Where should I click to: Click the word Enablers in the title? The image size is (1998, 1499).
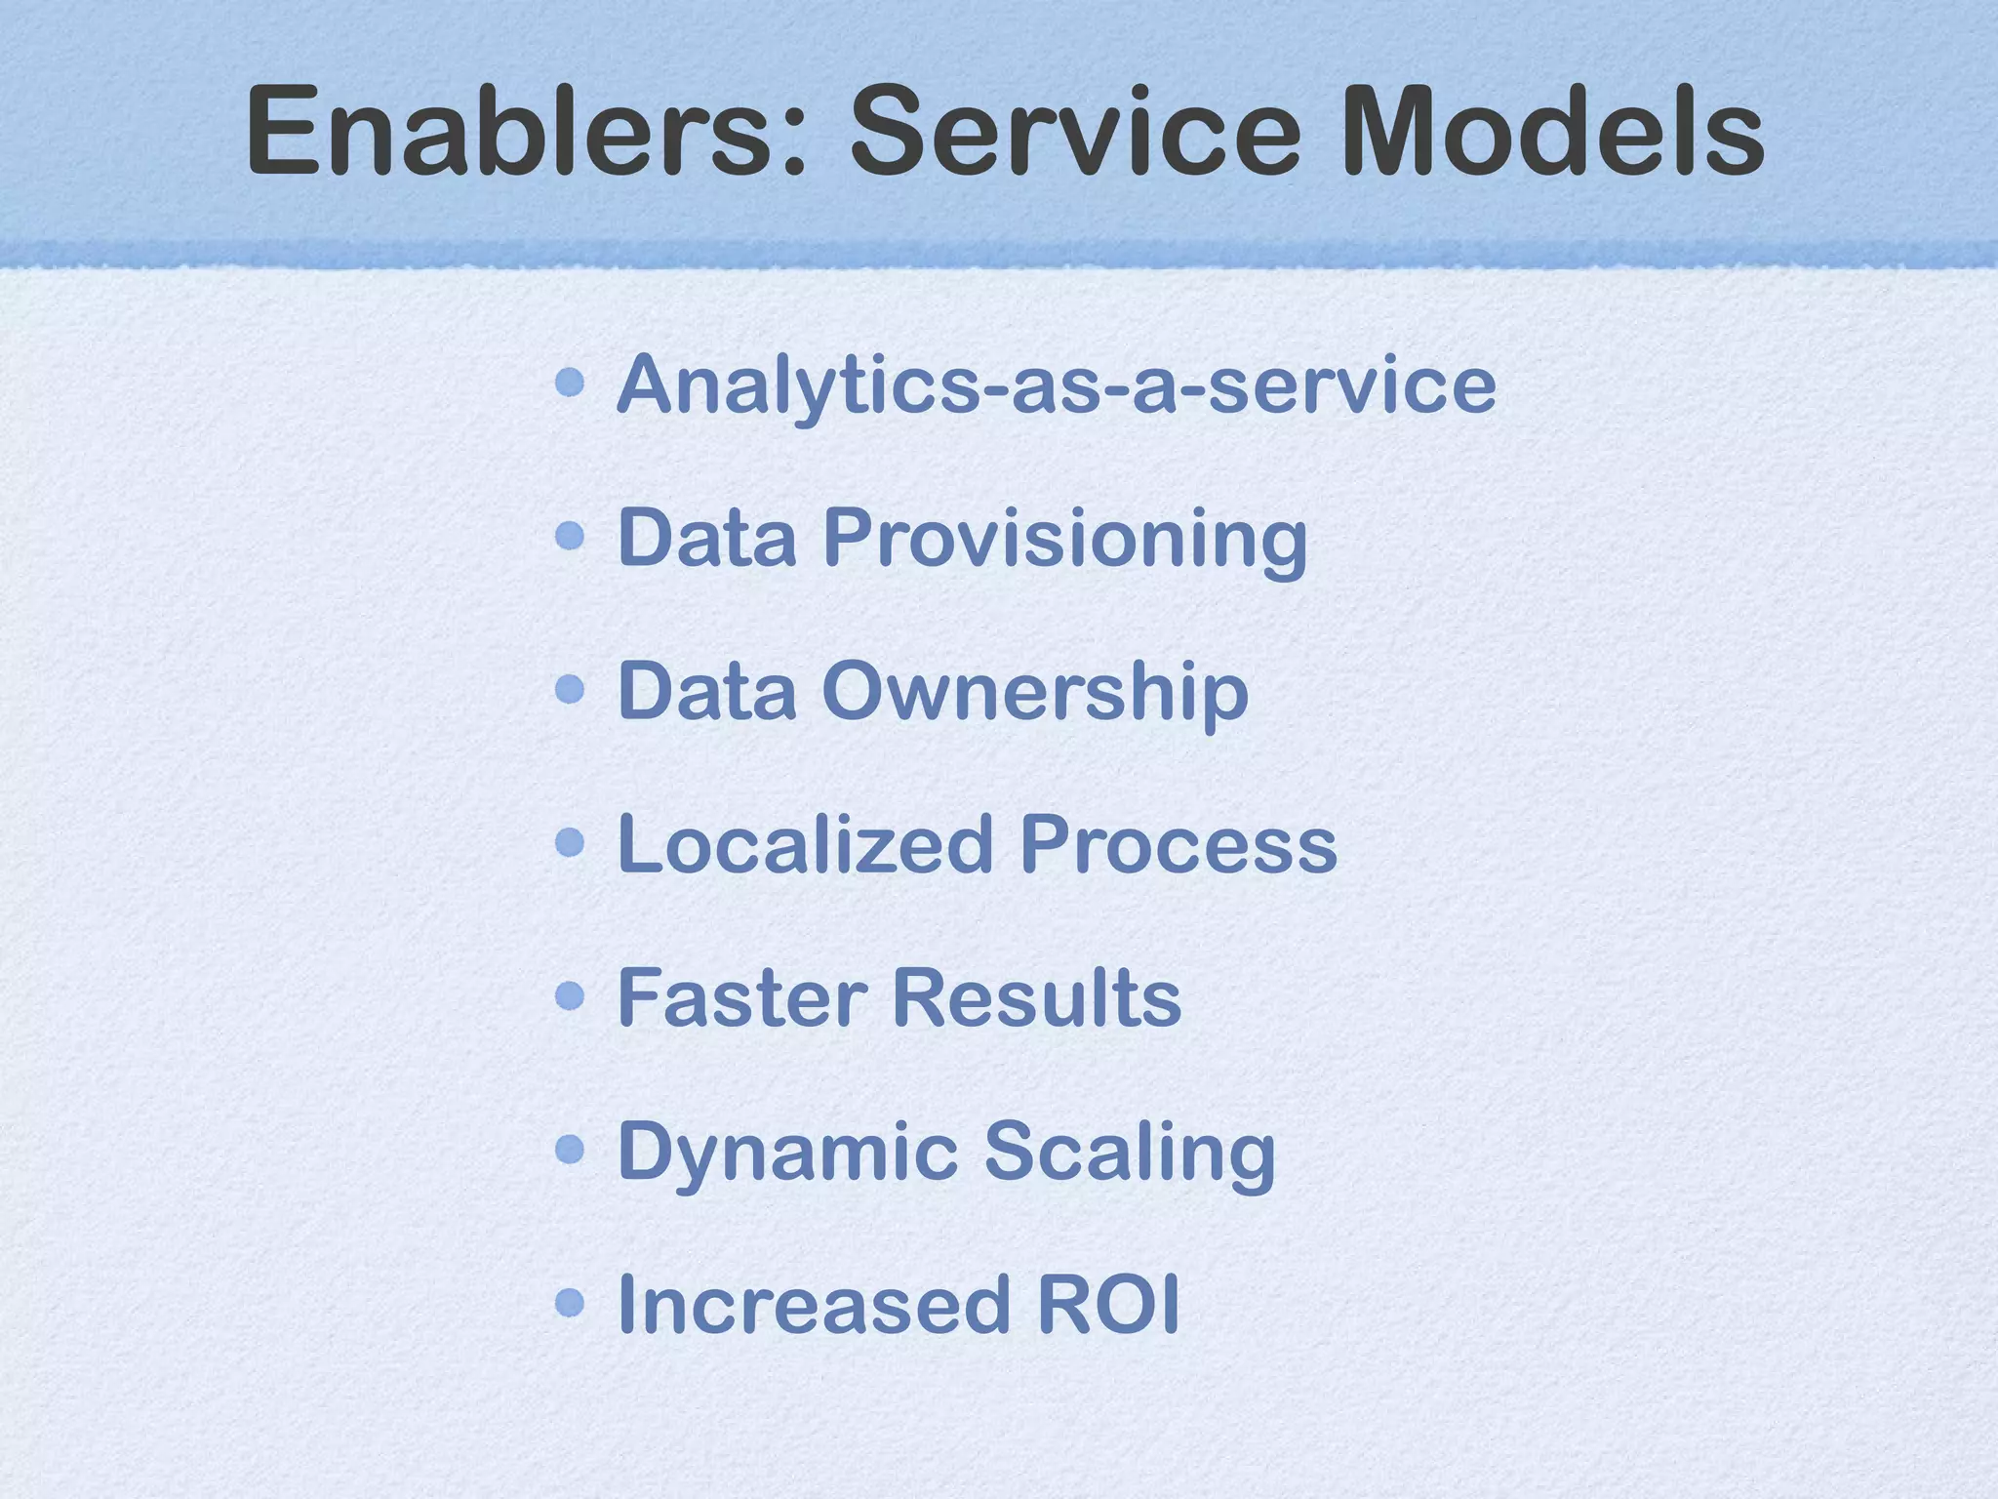527,131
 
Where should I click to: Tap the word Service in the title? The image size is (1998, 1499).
1074,131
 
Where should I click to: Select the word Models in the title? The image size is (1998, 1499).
1552,131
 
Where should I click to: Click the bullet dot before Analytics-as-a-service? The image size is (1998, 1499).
570,383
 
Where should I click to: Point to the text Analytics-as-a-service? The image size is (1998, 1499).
1056,385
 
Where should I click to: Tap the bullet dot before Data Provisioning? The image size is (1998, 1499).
570,535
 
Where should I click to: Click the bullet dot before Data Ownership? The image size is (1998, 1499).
570,689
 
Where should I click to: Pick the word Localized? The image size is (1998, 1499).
805,844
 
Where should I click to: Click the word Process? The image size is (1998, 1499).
1179,844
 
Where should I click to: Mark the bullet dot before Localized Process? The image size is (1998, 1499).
570,841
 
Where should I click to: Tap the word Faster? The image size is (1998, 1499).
742,997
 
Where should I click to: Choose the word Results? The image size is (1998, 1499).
1036,997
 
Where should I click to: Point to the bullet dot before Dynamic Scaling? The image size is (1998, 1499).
570,1149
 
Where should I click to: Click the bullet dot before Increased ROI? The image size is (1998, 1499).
570,1302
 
